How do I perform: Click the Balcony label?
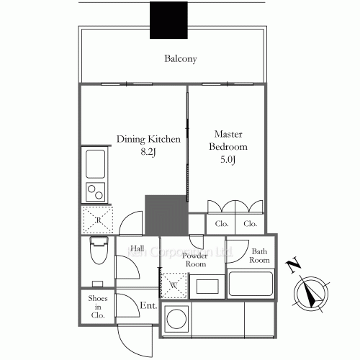point(180,59)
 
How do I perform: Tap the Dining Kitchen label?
point(148,139)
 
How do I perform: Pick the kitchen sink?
point(96,165)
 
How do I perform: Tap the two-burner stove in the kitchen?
point(96,192)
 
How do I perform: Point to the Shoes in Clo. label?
point(97,306)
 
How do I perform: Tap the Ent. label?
point(148,306)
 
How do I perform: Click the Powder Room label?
point(194,260)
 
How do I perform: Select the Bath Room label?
point(259,255)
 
